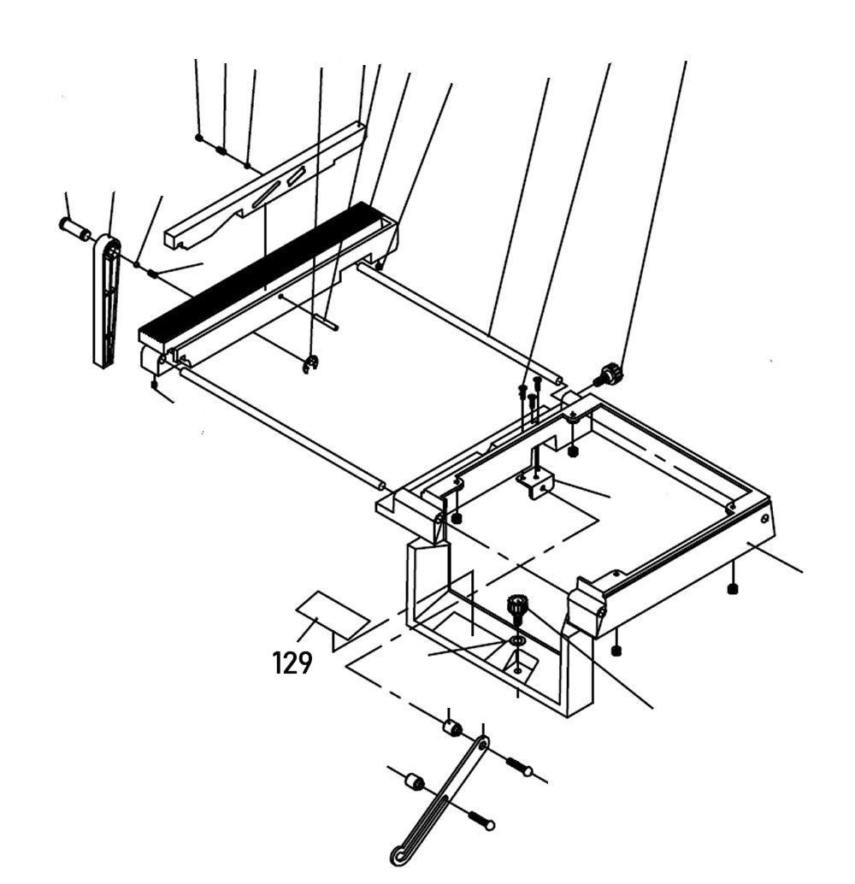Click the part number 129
292,663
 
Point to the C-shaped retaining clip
313,365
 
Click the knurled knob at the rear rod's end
610,374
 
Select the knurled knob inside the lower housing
517,610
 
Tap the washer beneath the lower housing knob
517,640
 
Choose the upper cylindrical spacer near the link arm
451,729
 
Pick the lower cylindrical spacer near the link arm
415,781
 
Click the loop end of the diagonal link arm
399,852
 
